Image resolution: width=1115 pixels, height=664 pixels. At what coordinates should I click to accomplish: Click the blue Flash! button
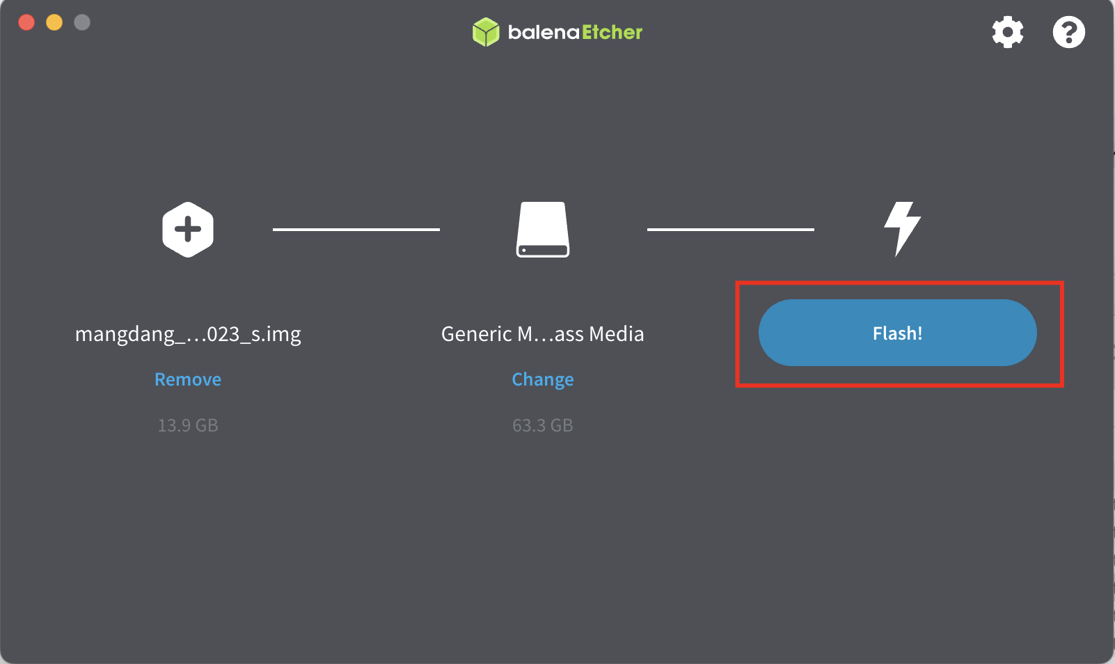(897, 333)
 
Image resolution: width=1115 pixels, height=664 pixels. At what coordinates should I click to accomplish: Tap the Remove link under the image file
(188, 379)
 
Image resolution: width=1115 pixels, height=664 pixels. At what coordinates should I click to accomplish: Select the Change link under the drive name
(543, 379)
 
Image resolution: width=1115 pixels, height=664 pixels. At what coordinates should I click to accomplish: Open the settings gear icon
(1008, 32)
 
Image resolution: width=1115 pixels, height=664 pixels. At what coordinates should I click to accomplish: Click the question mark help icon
(1068, 32)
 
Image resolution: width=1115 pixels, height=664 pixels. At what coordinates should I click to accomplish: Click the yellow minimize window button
(54, 22)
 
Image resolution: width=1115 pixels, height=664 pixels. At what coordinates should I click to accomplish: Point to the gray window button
(82, 22)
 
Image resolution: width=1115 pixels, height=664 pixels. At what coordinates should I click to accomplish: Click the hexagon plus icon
(188, 230)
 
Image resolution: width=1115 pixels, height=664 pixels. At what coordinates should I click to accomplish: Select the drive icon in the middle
(543, 230)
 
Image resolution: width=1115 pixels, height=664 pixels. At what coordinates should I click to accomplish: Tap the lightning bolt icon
(902, 229)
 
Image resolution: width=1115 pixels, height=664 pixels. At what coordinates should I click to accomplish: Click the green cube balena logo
(486, 32)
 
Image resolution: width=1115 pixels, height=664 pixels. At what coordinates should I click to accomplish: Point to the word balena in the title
(544, 32)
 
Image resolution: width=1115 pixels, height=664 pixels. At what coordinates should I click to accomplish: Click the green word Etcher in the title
(612, 32)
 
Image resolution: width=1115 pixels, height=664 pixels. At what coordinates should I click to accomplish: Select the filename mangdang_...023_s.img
(188, 334)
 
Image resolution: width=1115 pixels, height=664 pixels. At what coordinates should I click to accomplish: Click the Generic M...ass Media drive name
(543, 334)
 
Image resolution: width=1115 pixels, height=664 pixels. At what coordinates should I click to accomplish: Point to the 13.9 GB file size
(188, 425)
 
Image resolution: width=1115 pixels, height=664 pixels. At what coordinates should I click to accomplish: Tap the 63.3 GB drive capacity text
(543, 425)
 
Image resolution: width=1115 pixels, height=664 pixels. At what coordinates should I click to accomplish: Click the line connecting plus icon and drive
(356, 230)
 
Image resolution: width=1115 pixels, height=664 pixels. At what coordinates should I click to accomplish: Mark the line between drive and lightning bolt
(731, 230)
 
